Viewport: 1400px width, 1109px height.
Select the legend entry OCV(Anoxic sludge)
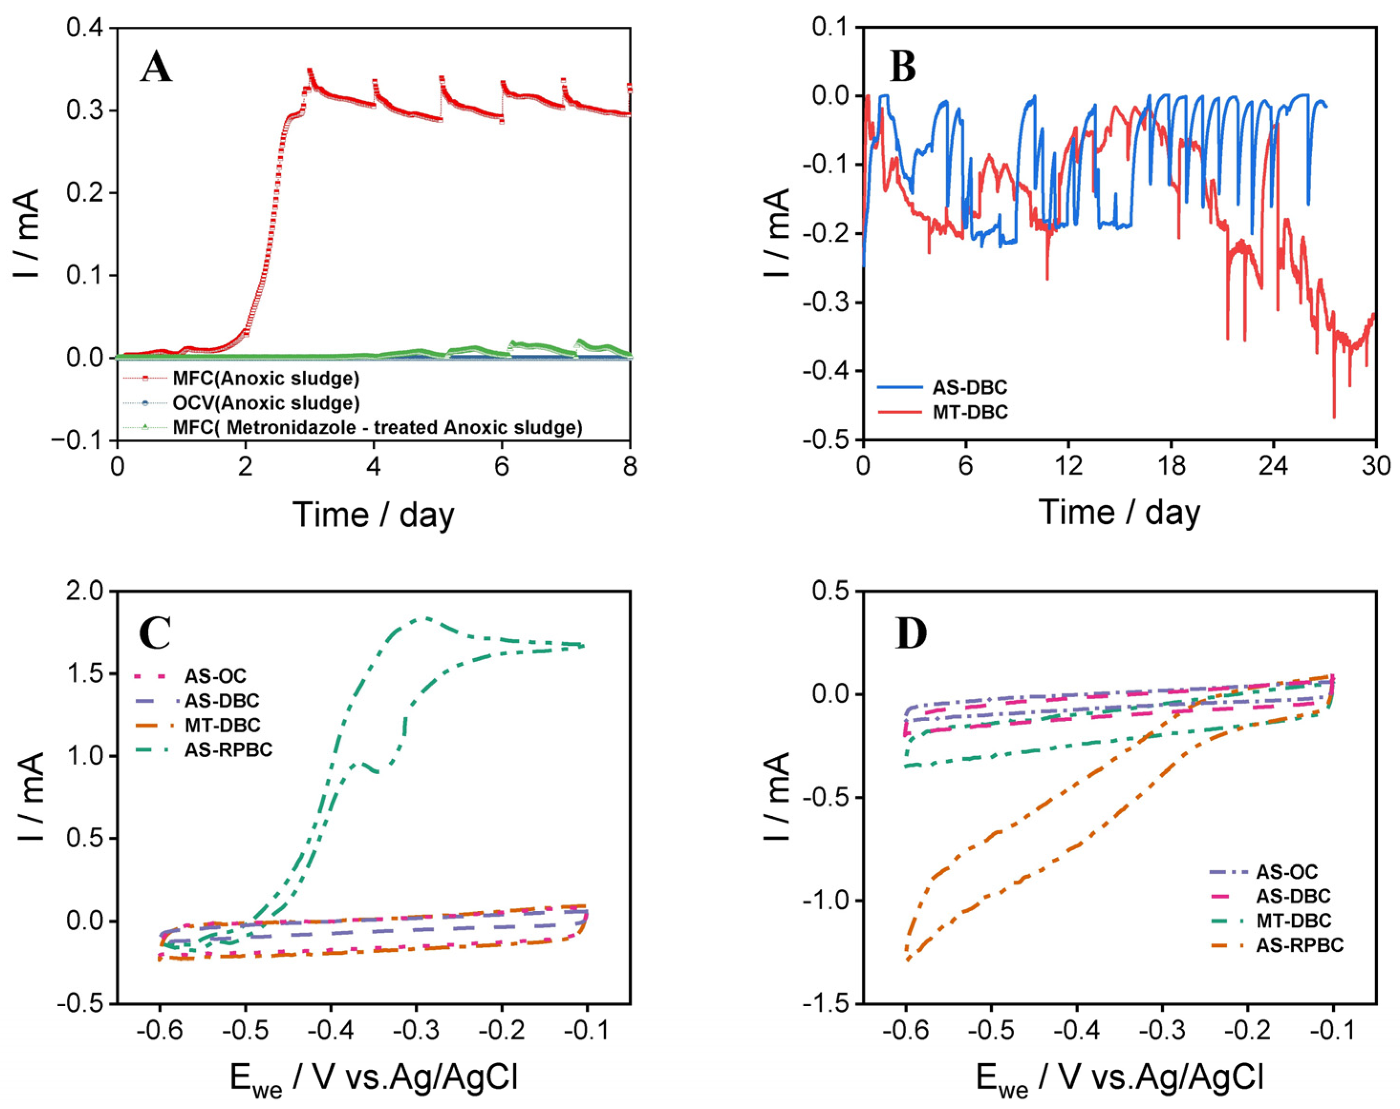pyautogui.click(x=266, y=403)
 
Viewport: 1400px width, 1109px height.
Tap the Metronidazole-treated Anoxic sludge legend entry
pyautogui.click(x=376, y=428)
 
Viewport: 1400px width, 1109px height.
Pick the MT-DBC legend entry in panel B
pyautogui.click(x=970, y=412)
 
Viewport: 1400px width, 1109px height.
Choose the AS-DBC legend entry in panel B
pyautogui.click(x=970, y=388)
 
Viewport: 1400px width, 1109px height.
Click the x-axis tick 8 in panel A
pyautogui.click(x=630, y=466)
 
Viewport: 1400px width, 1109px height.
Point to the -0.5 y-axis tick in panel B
pyautogui.click(x=825, y=440)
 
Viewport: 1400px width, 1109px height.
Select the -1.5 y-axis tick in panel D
pyautogui.click(x=825, y=1004)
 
